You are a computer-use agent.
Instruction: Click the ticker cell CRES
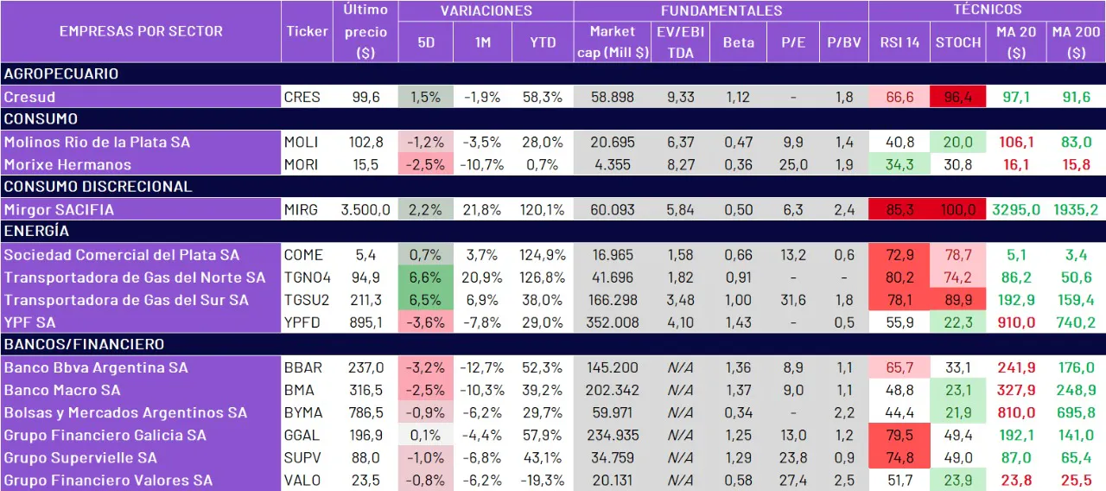click(x=302, y=97)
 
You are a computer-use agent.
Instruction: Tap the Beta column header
click(x=738, y=41)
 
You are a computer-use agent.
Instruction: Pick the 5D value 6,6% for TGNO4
click(x=426, y=277)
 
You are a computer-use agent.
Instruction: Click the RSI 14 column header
click(x=899, y=41)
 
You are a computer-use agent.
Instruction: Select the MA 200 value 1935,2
click(x=1076, y=209)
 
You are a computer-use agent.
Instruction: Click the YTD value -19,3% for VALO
click(x=543, y=480)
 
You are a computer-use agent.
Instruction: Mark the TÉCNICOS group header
click(x=987, y=10)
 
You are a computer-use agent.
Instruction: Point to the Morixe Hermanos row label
click(x=67, y=164)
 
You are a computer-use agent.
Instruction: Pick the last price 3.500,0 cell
click(x=365, y=209)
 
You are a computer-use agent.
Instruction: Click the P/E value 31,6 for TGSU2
click(x=793, y=300)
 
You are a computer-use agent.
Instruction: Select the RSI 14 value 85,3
click(x=899, y=209)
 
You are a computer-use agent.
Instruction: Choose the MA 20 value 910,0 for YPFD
click(x=1017, y=322)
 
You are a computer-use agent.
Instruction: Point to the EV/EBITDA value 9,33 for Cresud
click(x=680, y=97)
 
